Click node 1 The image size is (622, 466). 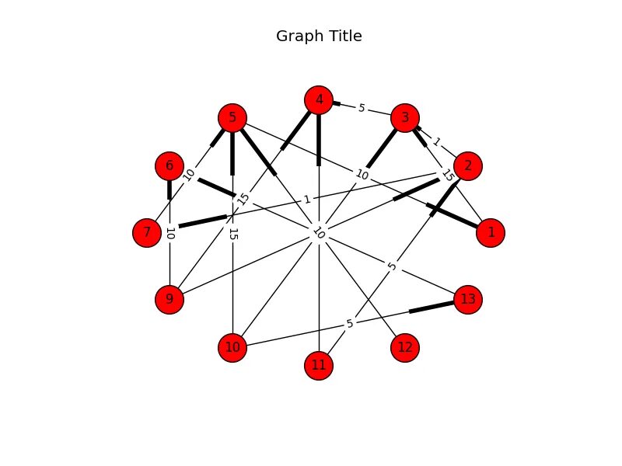click(490, 232)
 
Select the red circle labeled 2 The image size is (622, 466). click(468, 165)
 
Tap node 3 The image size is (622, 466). click(405, 118)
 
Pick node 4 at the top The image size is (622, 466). click(319, 99)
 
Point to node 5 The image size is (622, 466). click(232, 118)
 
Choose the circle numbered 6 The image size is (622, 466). click(169, 165)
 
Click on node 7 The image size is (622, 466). click(147, 232)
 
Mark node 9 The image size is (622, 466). click(169, 299)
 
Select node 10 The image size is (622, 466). click(232, 347)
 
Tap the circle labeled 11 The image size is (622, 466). click(319, 365)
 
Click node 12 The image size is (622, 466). click(405, 347)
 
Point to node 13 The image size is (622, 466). click(468, 299)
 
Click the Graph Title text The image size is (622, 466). click(319, 37)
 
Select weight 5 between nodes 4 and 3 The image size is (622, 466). click(362, 109)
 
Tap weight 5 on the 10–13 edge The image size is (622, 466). click(350, 323)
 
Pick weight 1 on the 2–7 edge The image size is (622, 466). click(307, 200)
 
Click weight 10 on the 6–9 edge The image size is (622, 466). click(169, 232)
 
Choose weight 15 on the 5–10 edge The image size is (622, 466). click(232, 233)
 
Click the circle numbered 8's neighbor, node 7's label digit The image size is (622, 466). click(147, 232)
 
